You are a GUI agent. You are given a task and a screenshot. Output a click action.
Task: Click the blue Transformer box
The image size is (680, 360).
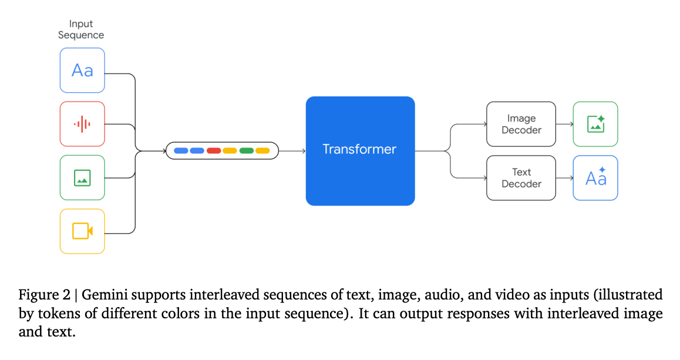[360, 151]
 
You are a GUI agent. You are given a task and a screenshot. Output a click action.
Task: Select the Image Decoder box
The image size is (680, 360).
[521, 124]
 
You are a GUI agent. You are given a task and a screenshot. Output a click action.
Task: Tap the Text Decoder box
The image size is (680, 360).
[521, 178]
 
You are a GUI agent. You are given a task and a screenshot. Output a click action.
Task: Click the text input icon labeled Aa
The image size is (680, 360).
[82, 70]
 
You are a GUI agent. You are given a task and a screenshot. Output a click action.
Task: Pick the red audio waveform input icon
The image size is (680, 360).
[82, 124]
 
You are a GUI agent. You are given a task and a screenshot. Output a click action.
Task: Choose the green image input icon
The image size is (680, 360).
[82, 177]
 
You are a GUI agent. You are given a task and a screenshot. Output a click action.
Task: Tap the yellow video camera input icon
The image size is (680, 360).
[82, 231]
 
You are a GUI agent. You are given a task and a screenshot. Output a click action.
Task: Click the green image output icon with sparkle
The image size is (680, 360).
[595, 124]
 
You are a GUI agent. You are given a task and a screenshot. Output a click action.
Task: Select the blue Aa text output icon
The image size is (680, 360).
[595, 178]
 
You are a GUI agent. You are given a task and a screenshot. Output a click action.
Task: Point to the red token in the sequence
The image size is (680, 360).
[214, 151]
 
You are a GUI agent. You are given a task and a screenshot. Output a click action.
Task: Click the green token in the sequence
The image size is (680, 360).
[247, 151]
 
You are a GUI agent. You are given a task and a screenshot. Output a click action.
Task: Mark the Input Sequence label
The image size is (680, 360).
[81, 29]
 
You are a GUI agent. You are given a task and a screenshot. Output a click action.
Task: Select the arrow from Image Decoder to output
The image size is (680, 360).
[564, 124]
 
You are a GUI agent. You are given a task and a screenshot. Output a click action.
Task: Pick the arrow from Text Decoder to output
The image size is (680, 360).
[564, 178]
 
